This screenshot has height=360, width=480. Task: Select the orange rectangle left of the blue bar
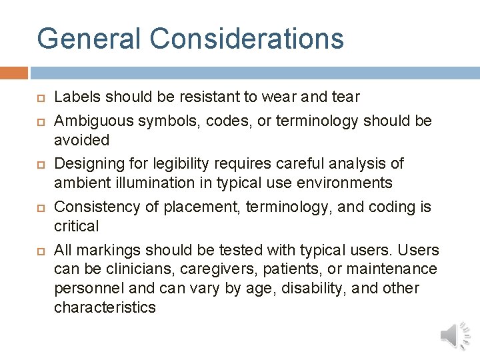[x=13, y=73]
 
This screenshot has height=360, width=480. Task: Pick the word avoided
[x=81, y=140]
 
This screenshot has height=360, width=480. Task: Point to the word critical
[x=76, y=226]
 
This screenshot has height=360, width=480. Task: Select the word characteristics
[x=105, y=307]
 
